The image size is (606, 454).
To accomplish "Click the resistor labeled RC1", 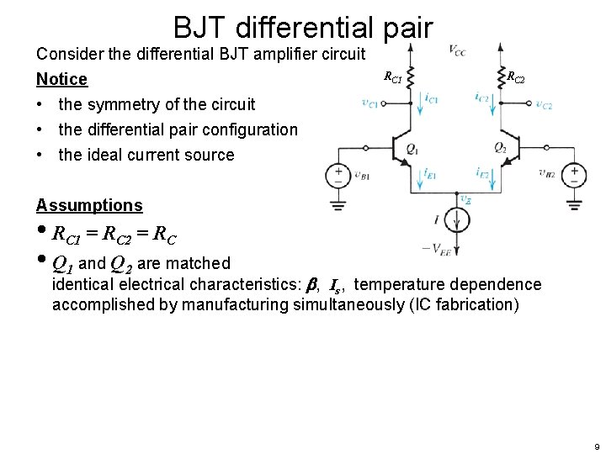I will pos(412,76).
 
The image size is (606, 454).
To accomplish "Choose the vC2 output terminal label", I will pos(544,106).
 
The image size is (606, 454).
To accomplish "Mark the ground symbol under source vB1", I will pos(338,204).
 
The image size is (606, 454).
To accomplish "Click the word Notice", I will pos(61,79).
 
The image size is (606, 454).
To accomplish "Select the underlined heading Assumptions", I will pos(89,205).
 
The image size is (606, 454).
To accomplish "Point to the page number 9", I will pos(595,446).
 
